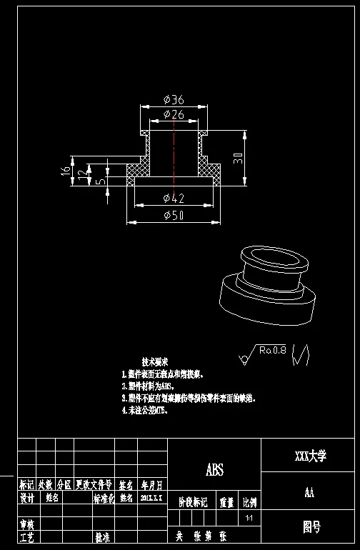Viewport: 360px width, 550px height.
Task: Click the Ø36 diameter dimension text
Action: (174, 100)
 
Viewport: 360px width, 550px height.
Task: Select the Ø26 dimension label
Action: (174, 114)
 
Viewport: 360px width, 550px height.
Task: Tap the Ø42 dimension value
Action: (174, 198)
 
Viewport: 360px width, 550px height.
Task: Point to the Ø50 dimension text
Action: (174, 216)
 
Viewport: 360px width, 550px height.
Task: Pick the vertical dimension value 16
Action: (65, 171)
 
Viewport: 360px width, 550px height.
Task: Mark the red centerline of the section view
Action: (174, 150)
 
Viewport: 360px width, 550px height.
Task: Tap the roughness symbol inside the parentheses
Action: (301, 354)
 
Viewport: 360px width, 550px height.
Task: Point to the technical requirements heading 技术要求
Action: (155, 362)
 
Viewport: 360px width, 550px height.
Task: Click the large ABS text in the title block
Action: (214, 469)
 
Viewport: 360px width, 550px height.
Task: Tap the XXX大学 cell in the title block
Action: (310, 456)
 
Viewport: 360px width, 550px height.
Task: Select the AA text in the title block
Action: (310, 492)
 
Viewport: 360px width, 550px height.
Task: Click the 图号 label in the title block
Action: (311, 527)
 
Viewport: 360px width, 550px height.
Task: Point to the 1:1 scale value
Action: (249, 517)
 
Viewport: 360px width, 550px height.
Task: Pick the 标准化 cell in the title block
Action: (105, 498)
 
